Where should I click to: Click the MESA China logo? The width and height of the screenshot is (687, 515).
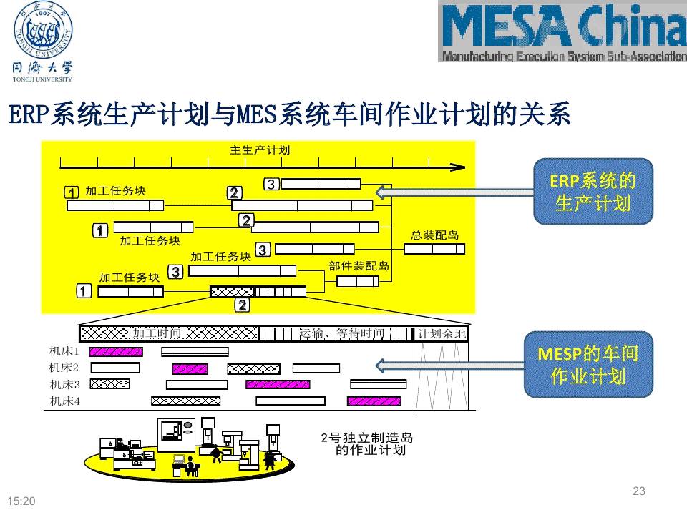pyautogui.click(x=562, y=31)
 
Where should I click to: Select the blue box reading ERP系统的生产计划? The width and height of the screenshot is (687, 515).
pyautogui.click(x=593, y=191)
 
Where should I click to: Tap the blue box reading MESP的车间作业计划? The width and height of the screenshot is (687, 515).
pyautogui.click(x=588, y=364)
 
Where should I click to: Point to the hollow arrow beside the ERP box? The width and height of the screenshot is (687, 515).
pyautogui.click(x=455, y=192)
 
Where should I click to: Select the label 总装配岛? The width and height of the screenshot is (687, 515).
pyautogui.click(x=434, y=235)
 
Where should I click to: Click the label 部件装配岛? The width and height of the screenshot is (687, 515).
pyautogui.click(x=359, y=265)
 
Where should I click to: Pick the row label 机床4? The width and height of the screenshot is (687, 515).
pyautogui.click(x=64, y=401)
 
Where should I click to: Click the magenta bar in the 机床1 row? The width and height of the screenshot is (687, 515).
pyautogui.click(x=116, y=351)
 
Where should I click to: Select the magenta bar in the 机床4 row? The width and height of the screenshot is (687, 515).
pyautogui.click(x=374, y=401)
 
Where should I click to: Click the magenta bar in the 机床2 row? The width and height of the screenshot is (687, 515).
pyautogui.click(x=190, y=368)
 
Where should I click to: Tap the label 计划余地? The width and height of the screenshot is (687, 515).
pyautogui.click(x=442, y=333)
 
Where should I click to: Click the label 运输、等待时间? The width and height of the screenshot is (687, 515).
pyautogui.click(x=341, y=333)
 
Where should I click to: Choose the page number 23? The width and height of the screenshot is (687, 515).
pyautogui.click(x=639, y=491)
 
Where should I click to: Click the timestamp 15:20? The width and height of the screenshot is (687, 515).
pyautogui.click(x=21, y=501)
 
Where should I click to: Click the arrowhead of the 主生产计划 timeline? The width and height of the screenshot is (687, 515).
pyautogui.click(x=458, y=167)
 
